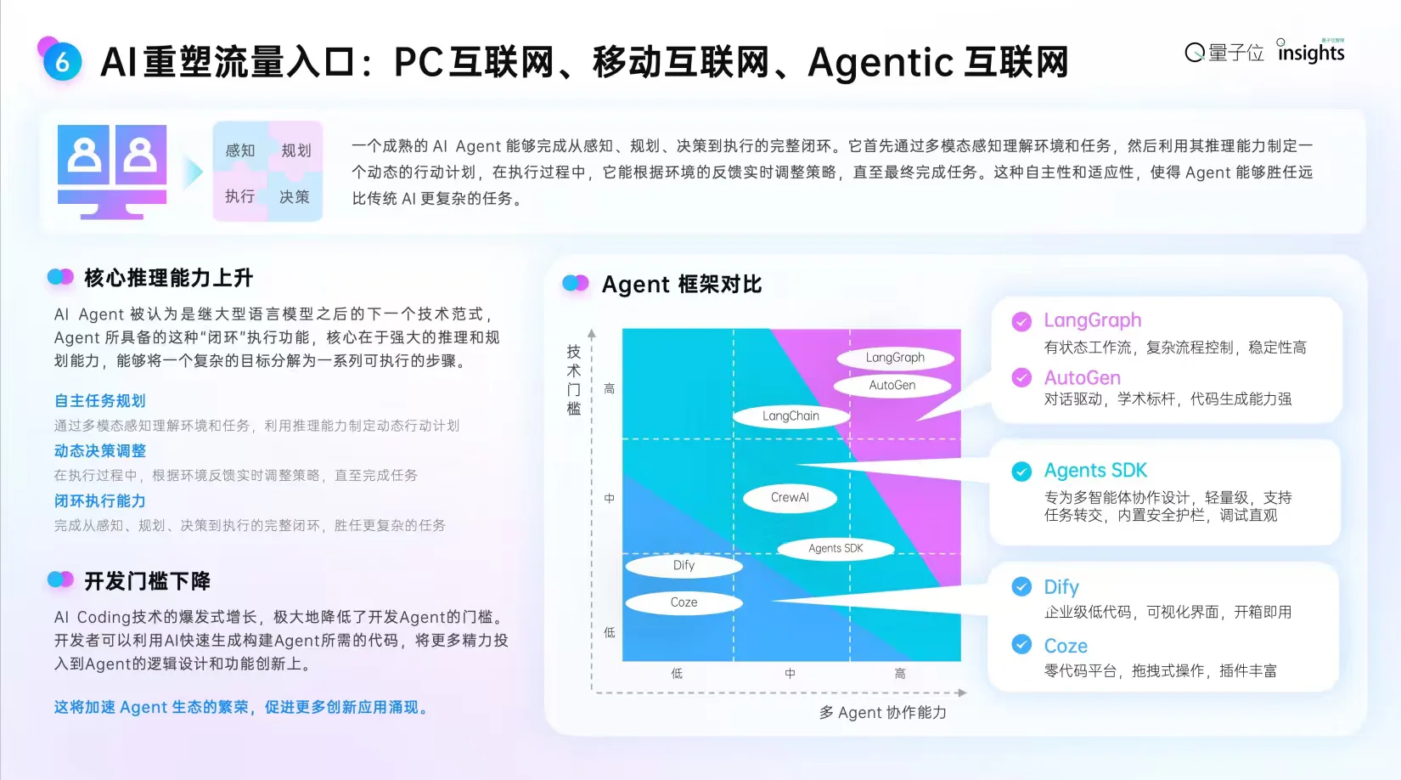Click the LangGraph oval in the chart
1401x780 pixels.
[x=895, y=358]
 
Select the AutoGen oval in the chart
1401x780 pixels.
[x=892, y=386]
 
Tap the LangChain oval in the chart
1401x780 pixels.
[x=791, y=416]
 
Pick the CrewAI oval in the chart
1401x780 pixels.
[x=790, y=498]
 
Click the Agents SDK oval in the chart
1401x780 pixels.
[x=836, y=549]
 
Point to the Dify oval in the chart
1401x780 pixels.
[x=684, y=566]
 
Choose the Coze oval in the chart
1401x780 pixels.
[x=684, y=602]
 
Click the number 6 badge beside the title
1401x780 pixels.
[x=62, y=62]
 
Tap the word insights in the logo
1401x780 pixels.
[x=1311, y=54]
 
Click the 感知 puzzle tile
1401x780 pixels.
[x=240, y=150]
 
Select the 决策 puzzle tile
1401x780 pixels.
[x=295, y=197]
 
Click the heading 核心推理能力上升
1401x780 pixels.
[x=168, y=278]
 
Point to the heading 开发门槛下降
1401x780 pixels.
[x=147, y=581]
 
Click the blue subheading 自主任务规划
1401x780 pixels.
[x=100, y=401]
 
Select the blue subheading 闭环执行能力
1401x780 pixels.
[x=100, y=501]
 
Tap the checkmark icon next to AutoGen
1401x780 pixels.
[x=1021, y=378]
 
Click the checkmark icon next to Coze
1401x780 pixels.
[x=1021, y=645]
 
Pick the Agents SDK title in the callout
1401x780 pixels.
[x=1095, y=471]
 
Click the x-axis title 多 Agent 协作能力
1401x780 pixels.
[x=882, y=713]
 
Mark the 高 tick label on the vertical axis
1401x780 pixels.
[x=609, y=389]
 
